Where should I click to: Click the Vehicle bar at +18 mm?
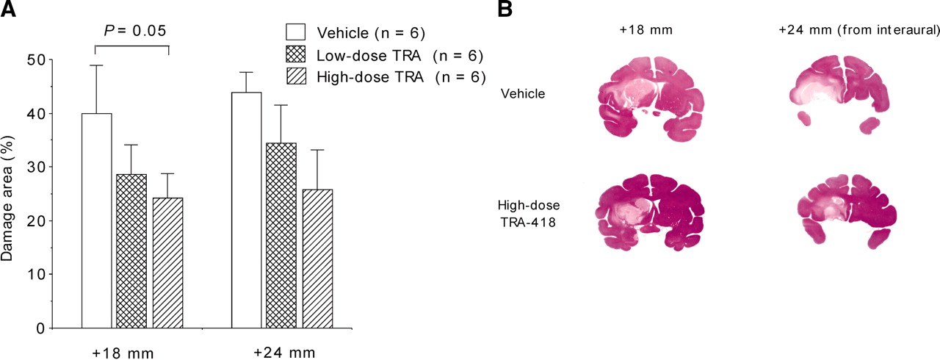pyautogui.click(x=96, y=220)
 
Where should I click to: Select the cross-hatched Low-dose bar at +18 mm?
pyautogui.click(x=131, y=251)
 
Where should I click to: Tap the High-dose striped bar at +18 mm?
pyautogui.click(x=168, y=263)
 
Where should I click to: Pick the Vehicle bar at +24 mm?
pyautogui.click(x=246, y=210)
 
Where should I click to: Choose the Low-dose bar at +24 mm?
pyautogui.click(x=281, y=235)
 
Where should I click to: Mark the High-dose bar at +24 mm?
pyautogui.click(x=318, y=259)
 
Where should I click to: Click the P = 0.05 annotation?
pyautogui.click(x=134, y=31)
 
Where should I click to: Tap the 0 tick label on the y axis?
pyautogui.click(x=40, y=328)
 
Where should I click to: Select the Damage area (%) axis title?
pyautogui.click(x=7, y=198)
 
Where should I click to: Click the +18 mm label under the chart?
pyautogui.click(x=123, y=353)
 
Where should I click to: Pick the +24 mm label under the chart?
pyautogui.click(x=284, y=352)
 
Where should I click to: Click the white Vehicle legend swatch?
pyautogui.click(x=295, y=32)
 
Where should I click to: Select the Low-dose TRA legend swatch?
pyautogui.click(x=295, y=54)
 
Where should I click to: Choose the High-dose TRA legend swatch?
pyautogui.click(x=295, y=77)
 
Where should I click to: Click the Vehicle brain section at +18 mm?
pyautogui.click(x=651, y=99)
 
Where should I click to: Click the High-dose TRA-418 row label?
pyautogui.click(x=528, y=214)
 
